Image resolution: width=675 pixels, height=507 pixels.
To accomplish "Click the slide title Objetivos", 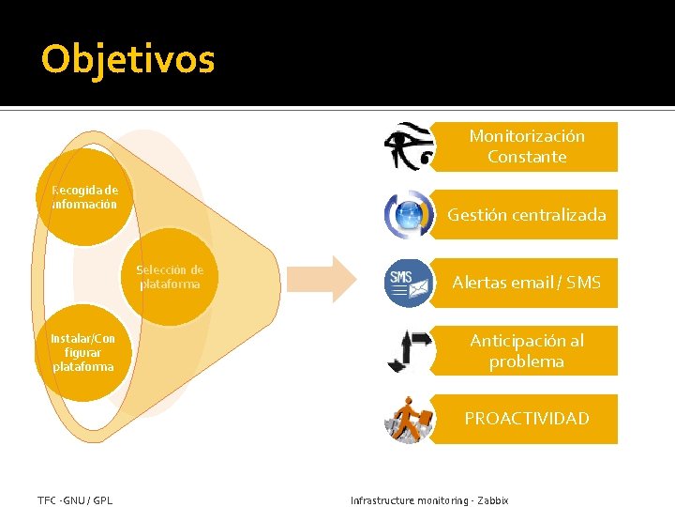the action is pos(128,59).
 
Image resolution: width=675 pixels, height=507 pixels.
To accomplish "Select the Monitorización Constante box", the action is pos(526,146).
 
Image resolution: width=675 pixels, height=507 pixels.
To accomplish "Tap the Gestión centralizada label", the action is pos(526,215).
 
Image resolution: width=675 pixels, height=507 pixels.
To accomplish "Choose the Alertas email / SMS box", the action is pos(526,283).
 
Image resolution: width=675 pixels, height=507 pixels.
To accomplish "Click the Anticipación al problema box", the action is pos(526,351).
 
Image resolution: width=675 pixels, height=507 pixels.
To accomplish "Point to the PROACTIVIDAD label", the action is pos(526,419).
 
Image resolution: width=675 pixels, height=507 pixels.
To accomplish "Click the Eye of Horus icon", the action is pos(409,146).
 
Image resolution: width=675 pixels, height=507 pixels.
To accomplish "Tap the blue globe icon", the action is pos(409,215).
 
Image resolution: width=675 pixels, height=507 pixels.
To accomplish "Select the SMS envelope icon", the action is pos(409,282).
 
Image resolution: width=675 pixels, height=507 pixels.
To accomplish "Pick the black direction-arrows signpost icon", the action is pos(409,350).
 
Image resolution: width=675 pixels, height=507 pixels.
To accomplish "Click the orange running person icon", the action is pos(409,419).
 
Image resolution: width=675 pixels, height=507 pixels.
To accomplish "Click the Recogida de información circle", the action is pos(84,197).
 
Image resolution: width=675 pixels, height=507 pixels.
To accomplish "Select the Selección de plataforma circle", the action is pos(170,277).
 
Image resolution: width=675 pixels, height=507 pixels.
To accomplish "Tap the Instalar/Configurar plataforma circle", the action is pos(83,352).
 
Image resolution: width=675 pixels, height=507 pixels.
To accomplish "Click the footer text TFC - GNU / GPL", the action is pos(75,500).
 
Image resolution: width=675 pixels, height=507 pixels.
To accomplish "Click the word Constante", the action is pos(527,157).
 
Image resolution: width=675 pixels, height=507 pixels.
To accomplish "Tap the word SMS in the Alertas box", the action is pos(583,283).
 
